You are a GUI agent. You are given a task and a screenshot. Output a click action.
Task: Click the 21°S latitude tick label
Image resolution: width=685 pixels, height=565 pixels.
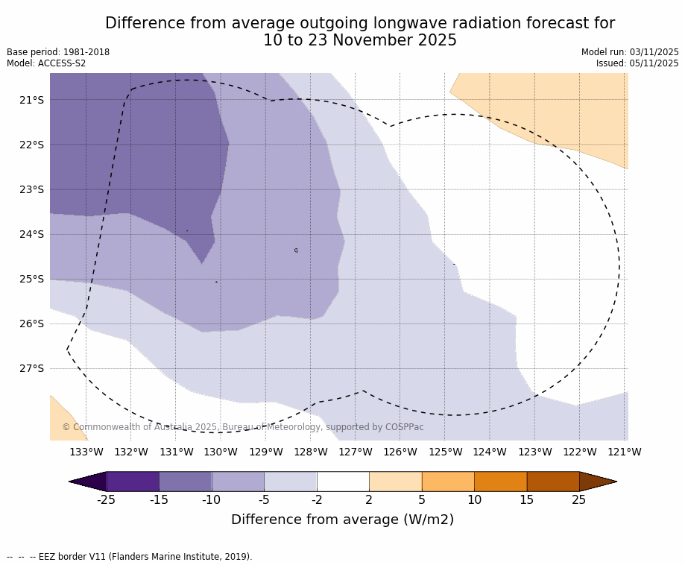(x=31, y=100)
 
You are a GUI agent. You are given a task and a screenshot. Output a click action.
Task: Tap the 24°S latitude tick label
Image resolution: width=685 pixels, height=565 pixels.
(x=31, y=234)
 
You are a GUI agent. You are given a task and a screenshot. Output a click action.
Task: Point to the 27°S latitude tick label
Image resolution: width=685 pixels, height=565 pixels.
(x=31, y=368)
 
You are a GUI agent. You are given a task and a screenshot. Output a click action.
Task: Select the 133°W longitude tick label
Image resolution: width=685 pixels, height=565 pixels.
(x=86, y=452)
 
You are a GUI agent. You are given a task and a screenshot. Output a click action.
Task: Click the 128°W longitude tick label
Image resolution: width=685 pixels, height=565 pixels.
(x=311, y=452)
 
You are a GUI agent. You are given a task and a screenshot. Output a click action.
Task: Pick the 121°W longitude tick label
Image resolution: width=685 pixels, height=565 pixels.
(x=625, y=452)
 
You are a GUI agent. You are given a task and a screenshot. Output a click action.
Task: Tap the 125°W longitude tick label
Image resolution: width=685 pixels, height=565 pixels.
(x=445, y=452)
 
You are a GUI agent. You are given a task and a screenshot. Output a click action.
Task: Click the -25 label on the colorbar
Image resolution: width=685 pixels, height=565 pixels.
(x=107, y=500)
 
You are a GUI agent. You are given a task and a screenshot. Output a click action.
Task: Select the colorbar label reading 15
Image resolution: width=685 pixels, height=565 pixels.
(x=527, y=500)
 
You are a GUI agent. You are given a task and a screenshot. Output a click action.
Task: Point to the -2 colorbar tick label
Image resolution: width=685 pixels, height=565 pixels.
(x=317, y=500)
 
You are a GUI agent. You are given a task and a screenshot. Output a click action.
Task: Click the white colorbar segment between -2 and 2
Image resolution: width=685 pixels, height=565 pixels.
(x=343, y=482)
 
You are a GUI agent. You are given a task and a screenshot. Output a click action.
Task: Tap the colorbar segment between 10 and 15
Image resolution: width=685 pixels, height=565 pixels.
(x=500, y=482)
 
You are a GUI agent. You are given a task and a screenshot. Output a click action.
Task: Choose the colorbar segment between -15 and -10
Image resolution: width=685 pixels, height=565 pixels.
(x=186, y=482)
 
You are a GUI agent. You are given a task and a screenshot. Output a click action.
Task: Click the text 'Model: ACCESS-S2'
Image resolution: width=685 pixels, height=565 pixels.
(x=46, y=63)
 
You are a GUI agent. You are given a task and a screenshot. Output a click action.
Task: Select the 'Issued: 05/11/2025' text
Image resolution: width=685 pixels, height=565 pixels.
(x=637, y=63)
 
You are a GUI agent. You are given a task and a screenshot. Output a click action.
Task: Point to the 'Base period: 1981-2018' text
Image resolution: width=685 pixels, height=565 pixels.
(x=58, y=52)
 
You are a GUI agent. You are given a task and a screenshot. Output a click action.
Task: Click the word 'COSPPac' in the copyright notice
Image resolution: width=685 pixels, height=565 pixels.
(x=404, y=427)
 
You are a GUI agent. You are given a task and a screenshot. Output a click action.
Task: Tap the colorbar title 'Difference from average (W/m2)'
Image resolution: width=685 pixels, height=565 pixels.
(x=342, y=520)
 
